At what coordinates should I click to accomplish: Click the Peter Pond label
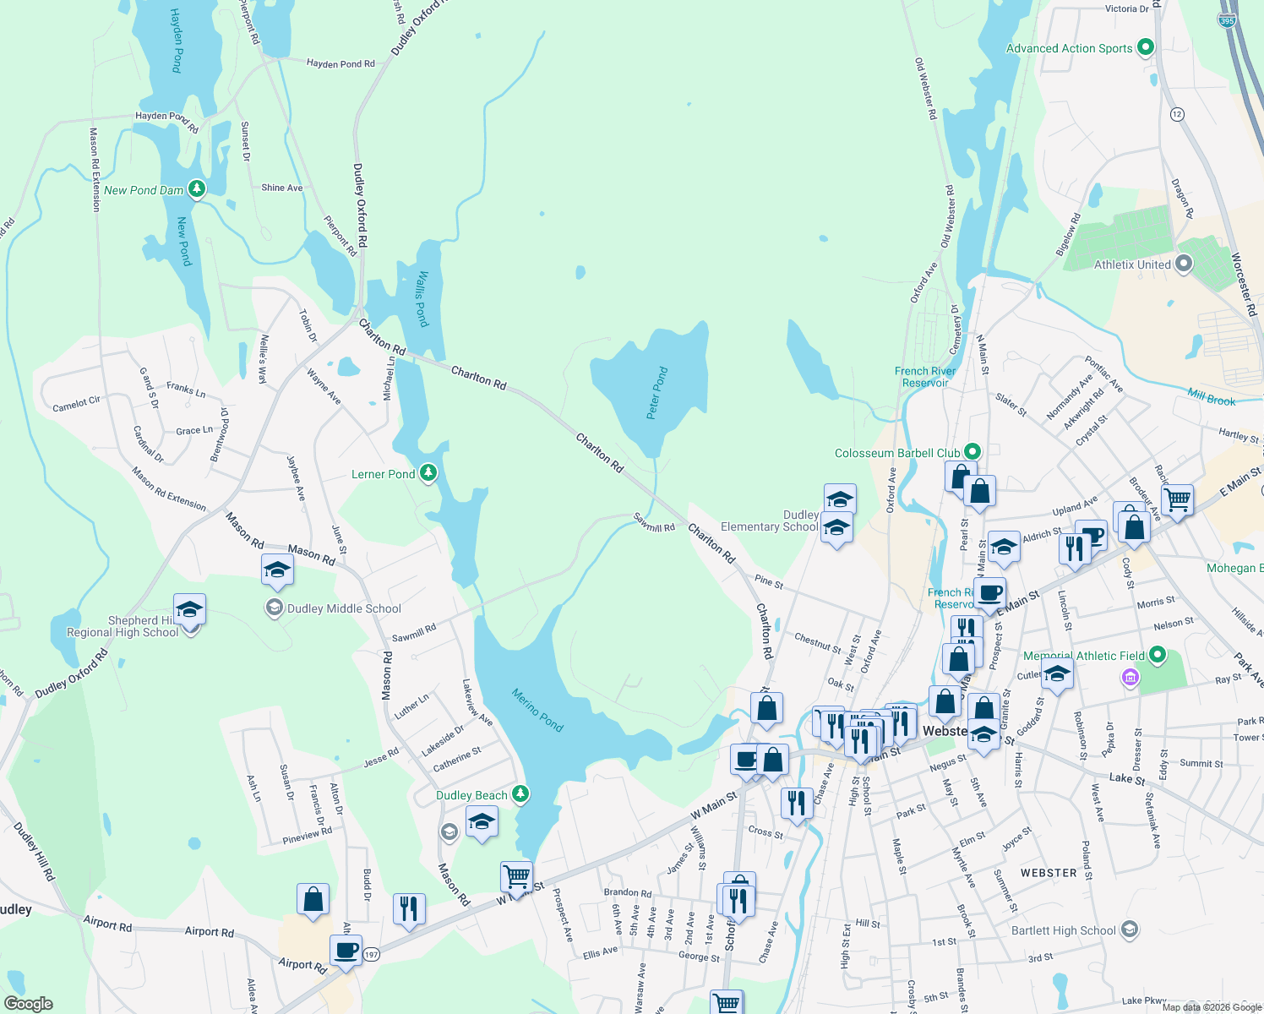tap(657, 393)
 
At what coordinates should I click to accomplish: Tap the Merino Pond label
tap(537, 710)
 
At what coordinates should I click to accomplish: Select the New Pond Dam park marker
tap(197, 189)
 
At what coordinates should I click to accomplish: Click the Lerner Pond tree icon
tap(428, 473)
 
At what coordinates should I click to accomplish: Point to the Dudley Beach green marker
tap(520, 794)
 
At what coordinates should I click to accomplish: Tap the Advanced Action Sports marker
tap(1146, 47)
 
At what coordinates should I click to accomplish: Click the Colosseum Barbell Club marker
tap(972, 452)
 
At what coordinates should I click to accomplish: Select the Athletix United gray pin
tap(1184, 264)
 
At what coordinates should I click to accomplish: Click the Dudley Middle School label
tap(344, 608)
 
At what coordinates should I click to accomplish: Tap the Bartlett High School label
tap(1064, 930)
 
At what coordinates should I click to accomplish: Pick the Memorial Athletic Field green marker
tap(1158, 655)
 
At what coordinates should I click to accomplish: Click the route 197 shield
tap(371, 955)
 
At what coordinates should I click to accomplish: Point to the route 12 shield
tap(1178, 114)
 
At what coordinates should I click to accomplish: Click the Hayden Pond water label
tap(177, 41)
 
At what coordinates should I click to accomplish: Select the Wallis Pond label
tap(422, 298)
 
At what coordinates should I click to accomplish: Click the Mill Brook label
tap(1211, 397)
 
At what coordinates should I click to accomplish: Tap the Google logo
tap(28, 1004)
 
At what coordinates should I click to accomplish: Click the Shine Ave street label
tap(282, 188)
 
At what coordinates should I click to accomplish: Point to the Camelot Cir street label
tap(76, 404)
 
